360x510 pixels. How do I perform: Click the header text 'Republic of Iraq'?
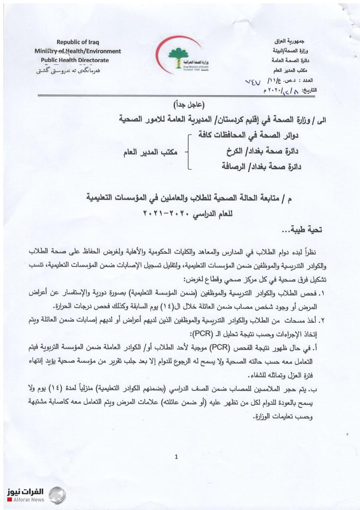tap(78, 42)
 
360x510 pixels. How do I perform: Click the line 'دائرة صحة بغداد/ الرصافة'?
tap(261, 167)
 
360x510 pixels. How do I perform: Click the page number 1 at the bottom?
tap(176, 457)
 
